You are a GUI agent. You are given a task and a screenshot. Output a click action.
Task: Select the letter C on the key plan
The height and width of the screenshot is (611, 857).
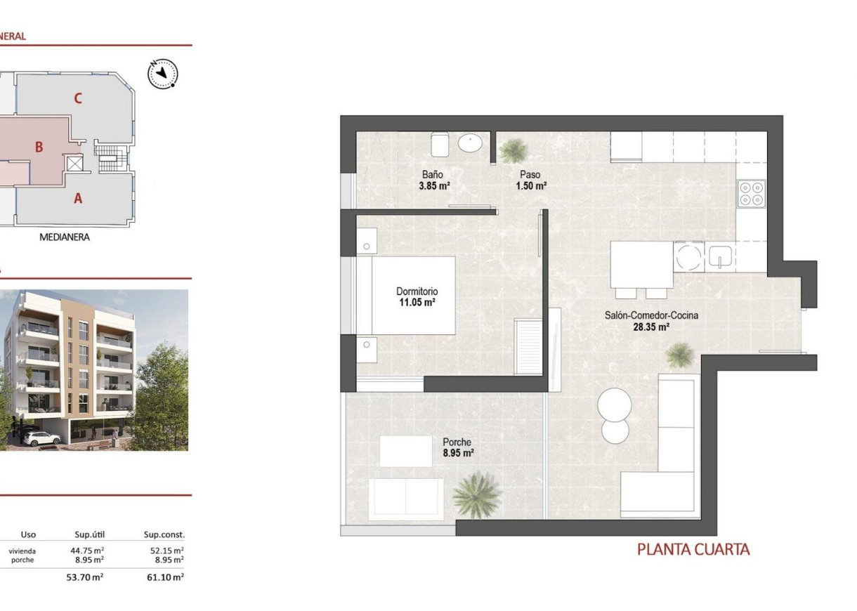(78, 99)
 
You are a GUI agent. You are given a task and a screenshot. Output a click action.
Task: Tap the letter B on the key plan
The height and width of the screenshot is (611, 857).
(39, 147)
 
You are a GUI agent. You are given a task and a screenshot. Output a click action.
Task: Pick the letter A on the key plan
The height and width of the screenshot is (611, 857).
(78, 199)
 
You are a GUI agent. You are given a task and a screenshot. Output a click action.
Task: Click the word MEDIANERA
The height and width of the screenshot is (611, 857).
(64, 237)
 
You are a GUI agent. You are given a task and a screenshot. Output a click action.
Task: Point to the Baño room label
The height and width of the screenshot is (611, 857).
(432, 175)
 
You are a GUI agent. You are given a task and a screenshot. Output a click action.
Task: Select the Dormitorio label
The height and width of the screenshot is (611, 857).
(417, 291)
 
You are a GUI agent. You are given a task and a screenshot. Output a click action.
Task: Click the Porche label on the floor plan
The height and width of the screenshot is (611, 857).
(457, 442)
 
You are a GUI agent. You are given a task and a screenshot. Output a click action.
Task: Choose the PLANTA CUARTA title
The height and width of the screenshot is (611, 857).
(693, 549)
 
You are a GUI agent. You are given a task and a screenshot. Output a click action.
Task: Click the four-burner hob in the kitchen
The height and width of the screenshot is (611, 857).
(751, 192)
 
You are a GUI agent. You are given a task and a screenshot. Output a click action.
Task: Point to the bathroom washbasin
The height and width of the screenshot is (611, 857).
(470, 144)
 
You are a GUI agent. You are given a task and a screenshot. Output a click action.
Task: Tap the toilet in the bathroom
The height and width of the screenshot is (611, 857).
(440, 145)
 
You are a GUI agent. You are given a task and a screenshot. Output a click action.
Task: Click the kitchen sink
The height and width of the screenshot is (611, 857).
(720, 257)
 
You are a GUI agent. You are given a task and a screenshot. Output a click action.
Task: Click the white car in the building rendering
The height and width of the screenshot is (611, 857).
(41, 438)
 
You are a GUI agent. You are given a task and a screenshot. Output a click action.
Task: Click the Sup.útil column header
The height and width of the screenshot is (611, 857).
(89, 534)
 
